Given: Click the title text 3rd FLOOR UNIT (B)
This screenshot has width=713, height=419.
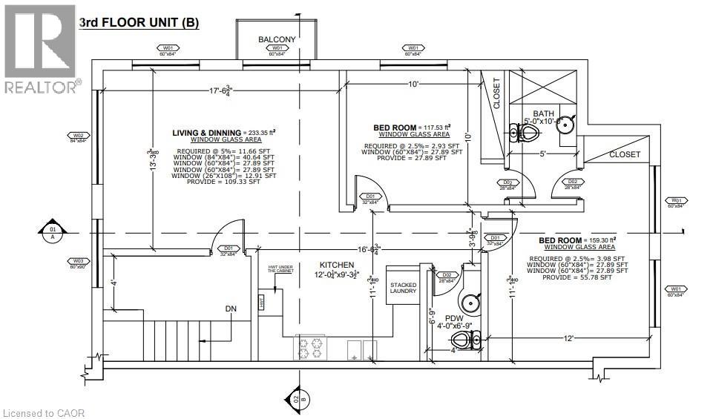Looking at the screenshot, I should [139, 22].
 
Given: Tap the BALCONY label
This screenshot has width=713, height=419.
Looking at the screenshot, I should [277, 39].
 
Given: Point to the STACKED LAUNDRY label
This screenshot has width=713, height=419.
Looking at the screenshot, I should [403, 287].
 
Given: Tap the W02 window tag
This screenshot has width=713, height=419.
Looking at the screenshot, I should [78, 136].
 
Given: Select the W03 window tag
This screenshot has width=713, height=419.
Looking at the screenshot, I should [78, 262].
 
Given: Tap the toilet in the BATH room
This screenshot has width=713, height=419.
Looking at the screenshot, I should [526, 133].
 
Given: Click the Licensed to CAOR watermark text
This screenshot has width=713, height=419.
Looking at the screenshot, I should [44, 412].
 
